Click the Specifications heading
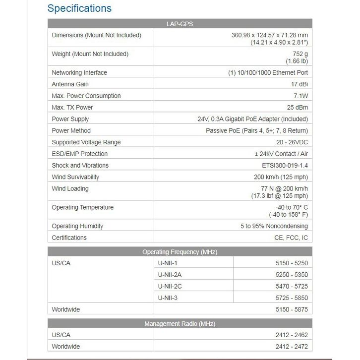(79, 8)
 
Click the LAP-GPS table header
(180, 24)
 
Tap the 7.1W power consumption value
(299, 96)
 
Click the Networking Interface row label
(79, 73)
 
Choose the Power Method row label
(71, 131)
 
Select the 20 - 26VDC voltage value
(289, 142)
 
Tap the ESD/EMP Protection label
(79, 154)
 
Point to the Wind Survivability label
(75, 177)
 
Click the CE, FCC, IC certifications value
(291, 238)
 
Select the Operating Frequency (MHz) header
(180, 252)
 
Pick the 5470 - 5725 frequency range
(292, 287)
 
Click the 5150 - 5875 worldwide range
(292, 310)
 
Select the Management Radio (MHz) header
(180, 324)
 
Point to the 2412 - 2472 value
(292, 347)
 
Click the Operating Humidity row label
(77, 226)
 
